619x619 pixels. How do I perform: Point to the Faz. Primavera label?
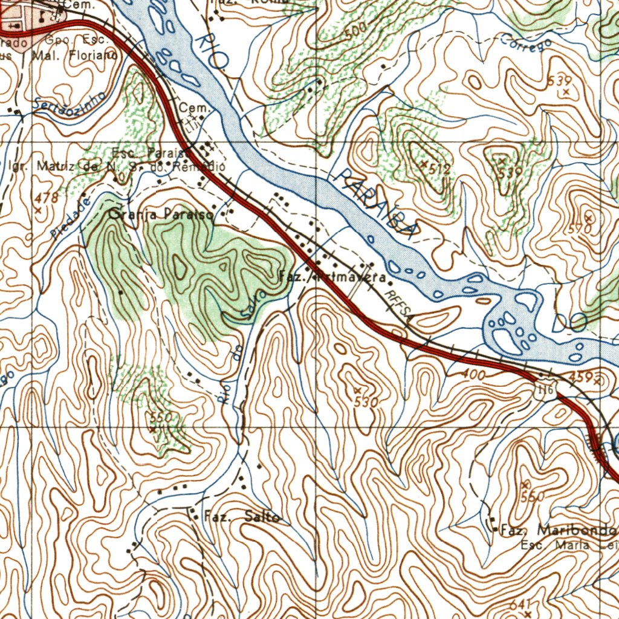click(332, 277)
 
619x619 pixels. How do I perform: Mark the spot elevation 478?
click(46, 198)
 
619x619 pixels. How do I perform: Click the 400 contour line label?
click(472, 375)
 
